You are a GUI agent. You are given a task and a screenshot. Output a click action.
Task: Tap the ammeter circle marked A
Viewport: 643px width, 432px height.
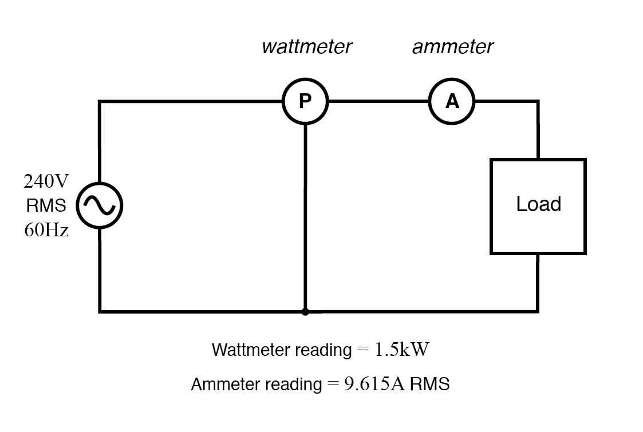click(452, 101)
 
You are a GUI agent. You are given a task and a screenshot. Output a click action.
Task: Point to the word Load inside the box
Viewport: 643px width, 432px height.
click(538, 204)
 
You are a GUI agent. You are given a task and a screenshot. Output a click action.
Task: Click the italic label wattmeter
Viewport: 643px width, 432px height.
click(306, 47)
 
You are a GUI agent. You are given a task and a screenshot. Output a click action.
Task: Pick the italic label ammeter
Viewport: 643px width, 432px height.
click(452, 47)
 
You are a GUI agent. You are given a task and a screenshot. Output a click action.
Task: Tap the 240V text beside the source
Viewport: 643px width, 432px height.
click(46, 181)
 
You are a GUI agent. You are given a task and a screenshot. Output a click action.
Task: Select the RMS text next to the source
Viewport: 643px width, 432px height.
click(46, 205)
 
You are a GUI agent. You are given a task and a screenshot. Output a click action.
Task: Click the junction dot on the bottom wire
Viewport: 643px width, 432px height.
click(305, 312)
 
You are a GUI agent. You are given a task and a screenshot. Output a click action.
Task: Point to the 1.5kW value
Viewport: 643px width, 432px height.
click(401, 350)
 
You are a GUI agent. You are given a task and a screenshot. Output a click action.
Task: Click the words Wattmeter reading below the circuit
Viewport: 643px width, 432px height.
click(281, 350)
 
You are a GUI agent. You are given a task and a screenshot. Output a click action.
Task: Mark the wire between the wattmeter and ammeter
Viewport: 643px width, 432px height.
click(378, 102)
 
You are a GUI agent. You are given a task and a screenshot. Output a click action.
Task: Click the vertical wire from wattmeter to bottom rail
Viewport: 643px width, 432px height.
click(305, 217)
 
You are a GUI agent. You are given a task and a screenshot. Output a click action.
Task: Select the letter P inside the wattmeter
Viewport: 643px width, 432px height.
click(305, 102)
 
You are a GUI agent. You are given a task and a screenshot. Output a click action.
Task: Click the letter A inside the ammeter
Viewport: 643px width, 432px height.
click(452, 102)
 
